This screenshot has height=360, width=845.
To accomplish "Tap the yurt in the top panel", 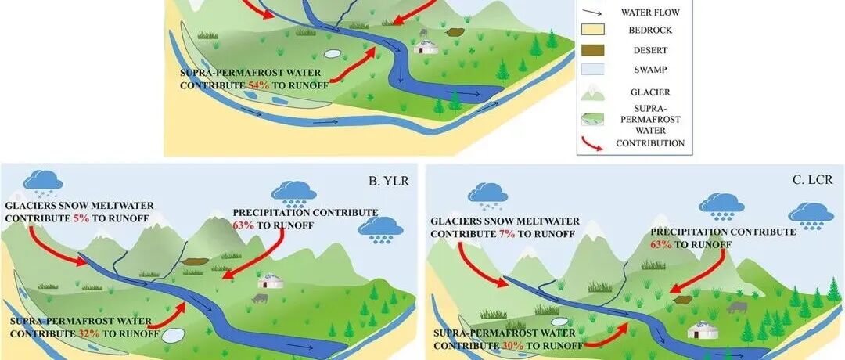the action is (425, 47).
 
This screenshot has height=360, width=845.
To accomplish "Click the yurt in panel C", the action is (699, 332).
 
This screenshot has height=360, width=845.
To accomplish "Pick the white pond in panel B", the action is (171, 334).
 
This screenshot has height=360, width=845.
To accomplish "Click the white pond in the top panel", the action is (333, 56).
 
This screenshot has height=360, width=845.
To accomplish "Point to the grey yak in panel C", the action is (736, 308).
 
